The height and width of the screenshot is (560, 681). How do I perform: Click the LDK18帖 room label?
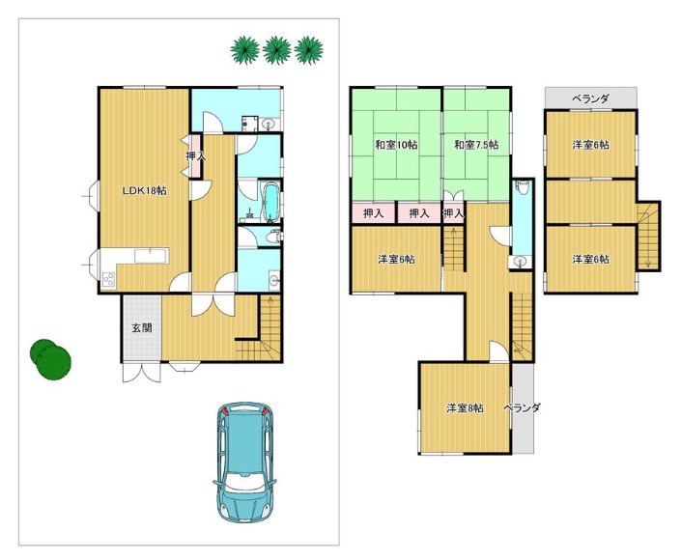tap(144, 190)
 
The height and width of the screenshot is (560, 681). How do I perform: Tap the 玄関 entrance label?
tap(142, 328)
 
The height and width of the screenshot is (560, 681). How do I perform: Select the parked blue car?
tap(245, 462)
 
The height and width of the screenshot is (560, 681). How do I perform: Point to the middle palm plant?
tap(277, 50)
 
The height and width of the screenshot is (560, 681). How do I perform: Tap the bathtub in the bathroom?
tap(271, 203)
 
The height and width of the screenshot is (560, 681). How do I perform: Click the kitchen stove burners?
tap(108, 279)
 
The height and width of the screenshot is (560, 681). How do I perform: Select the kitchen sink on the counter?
tap(151, 256)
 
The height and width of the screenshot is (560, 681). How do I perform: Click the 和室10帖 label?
tap(396, 145)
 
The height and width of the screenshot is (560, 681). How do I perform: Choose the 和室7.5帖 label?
tap(476, 145)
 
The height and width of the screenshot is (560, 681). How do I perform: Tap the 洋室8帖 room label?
tap(466, 408)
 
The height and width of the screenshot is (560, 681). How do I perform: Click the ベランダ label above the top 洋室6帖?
tap(590, 99)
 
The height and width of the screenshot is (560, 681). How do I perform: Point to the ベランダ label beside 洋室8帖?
tap(522, 407)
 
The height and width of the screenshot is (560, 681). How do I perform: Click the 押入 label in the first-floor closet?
tap(195, 155)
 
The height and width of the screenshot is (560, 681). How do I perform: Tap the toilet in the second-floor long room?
tap(523, 187)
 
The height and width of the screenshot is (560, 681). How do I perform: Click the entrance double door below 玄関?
tap(142, 372)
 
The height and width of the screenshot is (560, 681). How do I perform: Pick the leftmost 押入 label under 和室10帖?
tap(373, 213)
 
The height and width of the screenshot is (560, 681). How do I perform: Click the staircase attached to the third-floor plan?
tap(648, 237)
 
